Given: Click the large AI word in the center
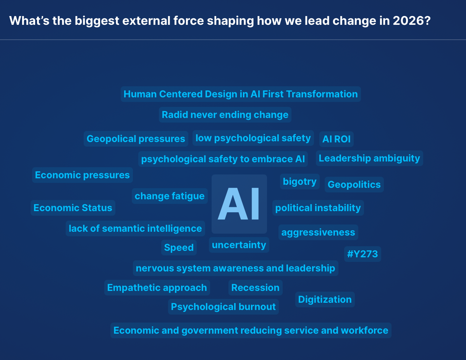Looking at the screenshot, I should [239, 204].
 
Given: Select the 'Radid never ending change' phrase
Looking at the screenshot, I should [225, 115].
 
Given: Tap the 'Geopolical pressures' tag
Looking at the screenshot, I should [136, 139].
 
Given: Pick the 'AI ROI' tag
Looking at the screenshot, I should [336, 139].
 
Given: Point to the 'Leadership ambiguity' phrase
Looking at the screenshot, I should [369, 158].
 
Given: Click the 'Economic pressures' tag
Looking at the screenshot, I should [83, 175].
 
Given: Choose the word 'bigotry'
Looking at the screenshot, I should [300, 182].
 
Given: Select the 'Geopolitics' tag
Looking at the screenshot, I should [354, 184].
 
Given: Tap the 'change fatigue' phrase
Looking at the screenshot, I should [170, 196].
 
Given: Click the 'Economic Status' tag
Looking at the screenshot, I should [73, 208].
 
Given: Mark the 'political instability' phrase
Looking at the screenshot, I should [318, 208].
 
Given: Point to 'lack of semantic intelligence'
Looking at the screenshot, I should [135, 228].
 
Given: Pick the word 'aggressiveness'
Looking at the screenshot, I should [318, 232].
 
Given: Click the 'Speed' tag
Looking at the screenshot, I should [179, 247].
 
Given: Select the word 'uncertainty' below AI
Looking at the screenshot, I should [239, 245].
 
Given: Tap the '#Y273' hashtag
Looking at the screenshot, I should [362, 254].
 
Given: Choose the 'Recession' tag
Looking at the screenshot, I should [255, 287].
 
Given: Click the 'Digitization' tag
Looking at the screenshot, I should [325, 299].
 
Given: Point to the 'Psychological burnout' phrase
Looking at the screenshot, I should [223, 307].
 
